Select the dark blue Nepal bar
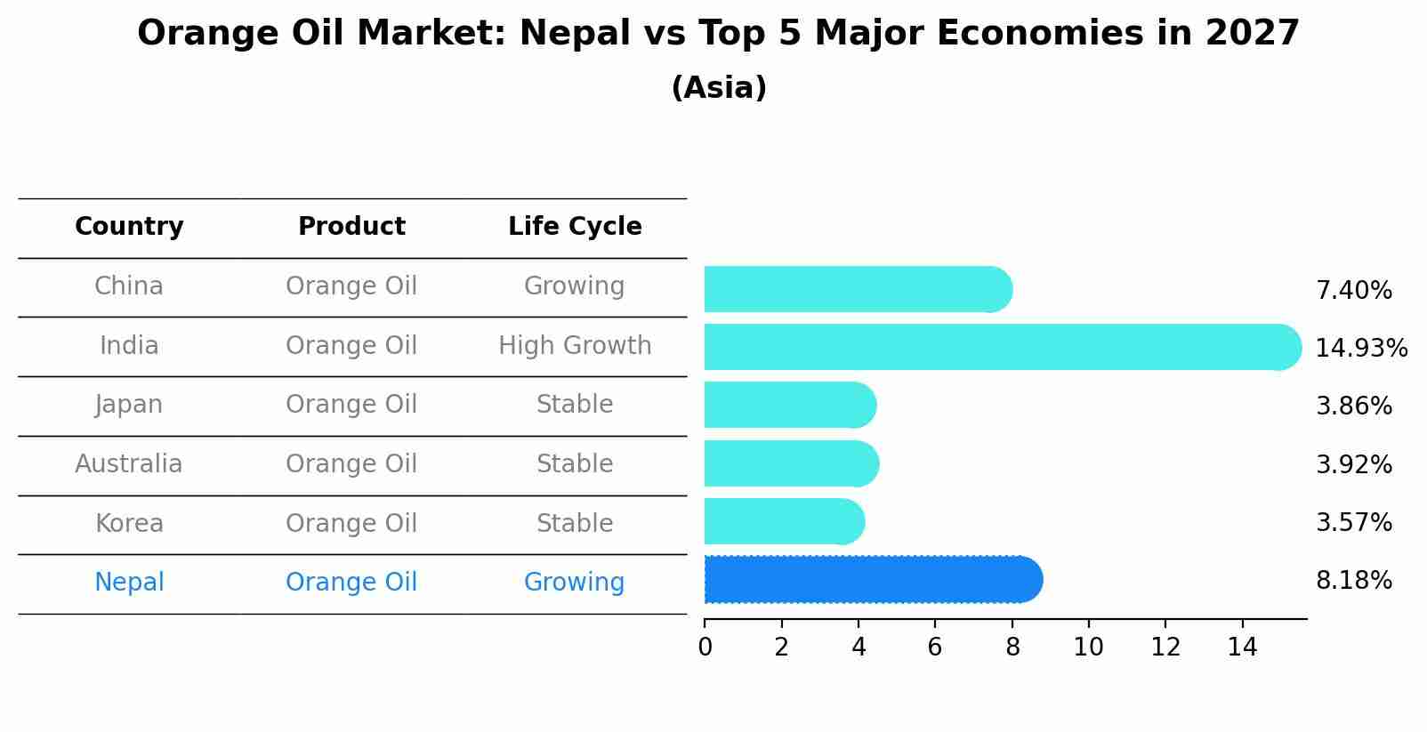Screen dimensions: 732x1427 click(872, 580)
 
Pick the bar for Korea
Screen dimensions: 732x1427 click(784, 521)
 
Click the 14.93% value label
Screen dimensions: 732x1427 click(1361, 348)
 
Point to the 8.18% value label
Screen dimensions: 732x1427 click(1353, 581)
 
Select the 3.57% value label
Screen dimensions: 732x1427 click(1353, 522)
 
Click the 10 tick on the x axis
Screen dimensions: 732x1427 click(1088, 647)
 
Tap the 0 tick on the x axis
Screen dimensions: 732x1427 click(705, 647)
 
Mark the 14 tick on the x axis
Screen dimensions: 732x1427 click(1242, 647)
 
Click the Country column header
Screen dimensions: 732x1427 click(129, 227)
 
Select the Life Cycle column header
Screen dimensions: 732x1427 click(575, 227)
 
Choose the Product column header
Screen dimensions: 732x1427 click(351, 227)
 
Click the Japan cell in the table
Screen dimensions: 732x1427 click(129, 405)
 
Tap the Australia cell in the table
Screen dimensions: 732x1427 click(129, 464)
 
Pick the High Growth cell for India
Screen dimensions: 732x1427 click(575, 346)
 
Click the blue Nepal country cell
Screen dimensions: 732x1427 click(129, 583)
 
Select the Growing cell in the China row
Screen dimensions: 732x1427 click(575, 286)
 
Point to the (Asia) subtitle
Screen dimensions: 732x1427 click(719, 88)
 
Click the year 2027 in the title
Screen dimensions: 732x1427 click(1253, 34)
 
